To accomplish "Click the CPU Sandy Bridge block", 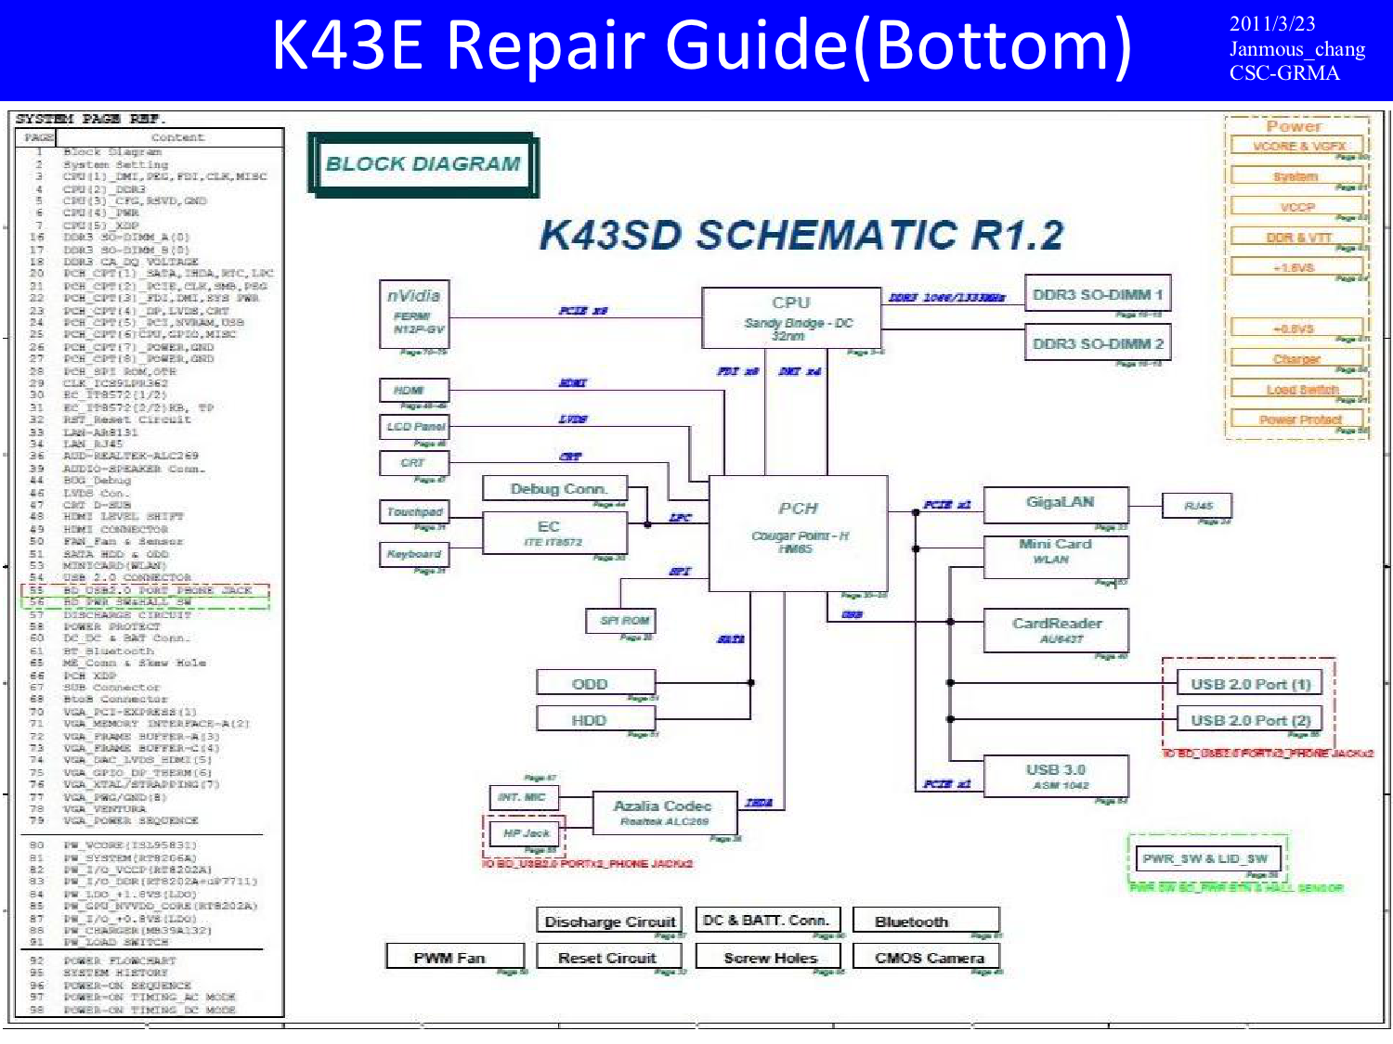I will [790, 317].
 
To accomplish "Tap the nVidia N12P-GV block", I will [414, 314].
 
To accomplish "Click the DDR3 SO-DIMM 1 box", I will [1097, 294].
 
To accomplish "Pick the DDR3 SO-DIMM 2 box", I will [1097, 343].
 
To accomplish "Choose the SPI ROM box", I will [623, 620].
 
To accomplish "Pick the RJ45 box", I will [1198, 506].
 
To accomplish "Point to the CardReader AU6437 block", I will [1056, 629].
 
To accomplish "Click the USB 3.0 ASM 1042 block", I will [1056, 776].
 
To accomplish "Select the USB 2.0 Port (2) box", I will [1250, 720].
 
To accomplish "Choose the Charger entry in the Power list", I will [1296, 359].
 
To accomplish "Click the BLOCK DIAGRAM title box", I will [423, 164].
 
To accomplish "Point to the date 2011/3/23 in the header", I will [1271, 24].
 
